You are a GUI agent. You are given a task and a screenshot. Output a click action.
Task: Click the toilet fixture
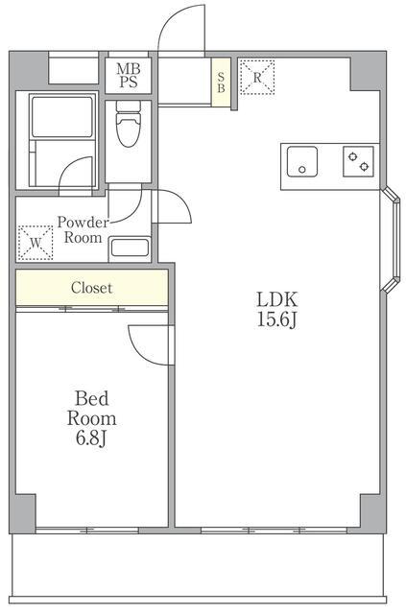(x=129, y=124)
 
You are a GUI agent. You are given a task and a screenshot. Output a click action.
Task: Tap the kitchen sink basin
(x=301, y=161)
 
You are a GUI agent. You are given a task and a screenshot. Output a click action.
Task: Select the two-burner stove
(x=358, y=161)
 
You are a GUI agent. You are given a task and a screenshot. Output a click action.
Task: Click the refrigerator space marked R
(x=256, y=77)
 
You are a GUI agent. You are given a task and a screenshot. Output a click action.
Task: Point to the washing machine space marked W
(x=36, y=243)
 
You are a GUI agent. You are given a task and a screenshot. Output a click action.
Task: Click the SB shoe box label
(x=221, y=83)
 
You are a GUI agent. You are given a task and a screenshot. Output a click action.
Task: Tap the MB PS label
(x=129, y=76)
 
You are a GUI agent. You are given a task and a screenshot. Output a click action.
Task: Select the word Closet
(x=92, y=288)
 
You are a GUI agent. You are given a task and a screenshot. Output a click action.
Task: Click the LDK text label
(x=277, y=299)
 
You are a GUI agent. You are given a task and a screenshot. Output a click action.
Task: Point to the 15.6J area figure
(x=277, y=319)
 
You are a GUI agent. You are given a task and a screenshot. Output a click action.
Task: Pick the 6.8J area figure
(x=91, y=438)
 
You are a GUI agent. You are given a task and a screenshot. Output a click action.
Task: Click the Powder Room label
(x=83, y=230)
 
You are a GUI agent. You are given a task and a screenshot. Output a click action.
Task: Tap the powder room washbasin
(x=130, y=248)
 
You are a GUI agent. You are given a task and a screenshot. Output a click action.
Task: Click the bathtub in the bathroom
(x=62, y=117)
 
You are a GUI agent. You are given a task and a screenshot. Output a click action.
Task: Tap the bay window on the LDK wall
(x=391, y=240)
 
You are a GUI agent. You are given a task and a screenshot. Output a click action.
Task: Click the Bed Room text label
(x=91, y=409)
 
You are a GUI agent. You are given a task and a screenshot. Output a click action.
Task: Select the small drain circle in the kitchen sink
(x=301, y=170)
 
